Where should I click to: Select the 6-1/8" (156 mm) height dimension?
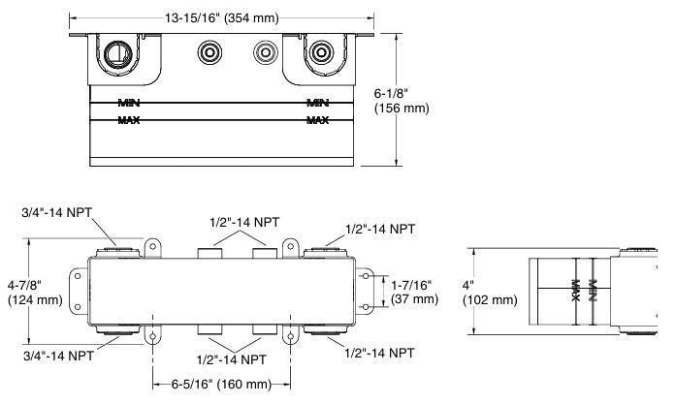[402, 100]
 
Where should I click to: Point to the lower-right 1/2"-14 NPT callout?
[380, 357]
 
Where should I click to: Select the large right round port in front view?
[320, 52]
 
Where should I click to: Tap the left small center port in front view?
[209, 52]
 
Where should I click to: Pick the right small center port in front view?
[263, 52]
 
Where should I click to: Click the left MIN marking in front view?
[129, 102]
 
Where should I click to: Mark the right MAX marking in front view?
[316, 120]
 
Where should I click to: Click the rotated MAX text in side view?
[576, 291]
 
